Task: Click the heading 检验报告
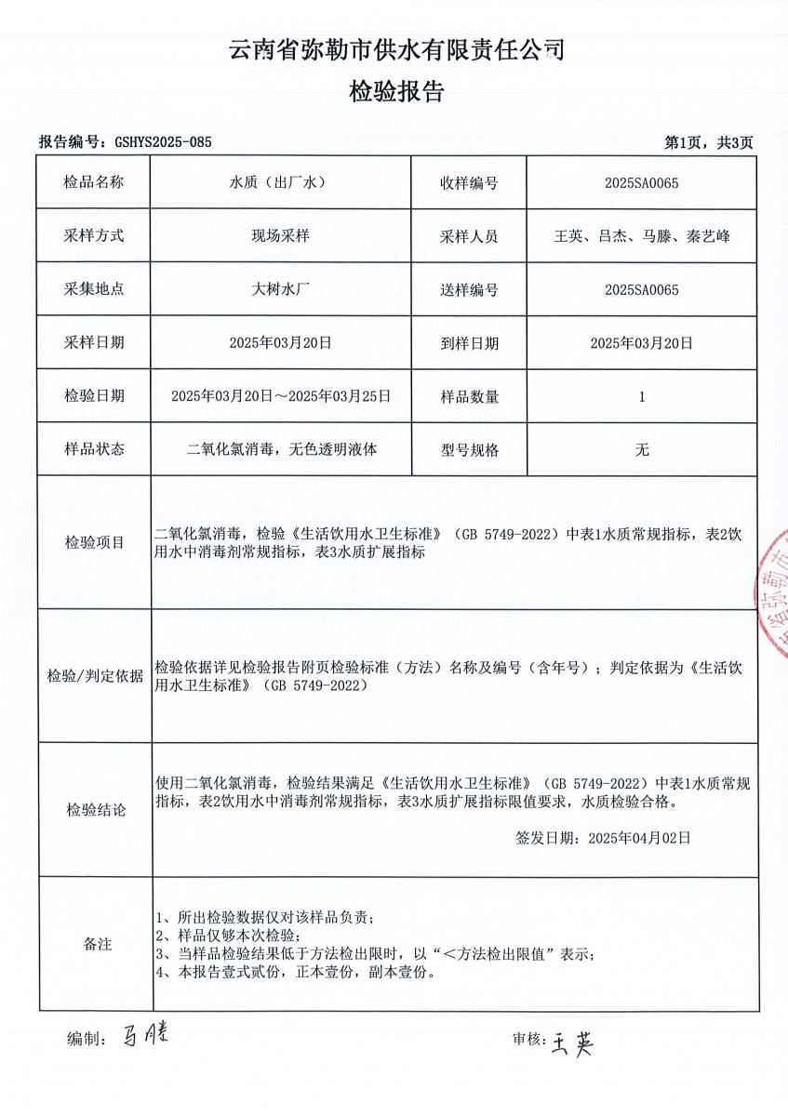coord(396,91)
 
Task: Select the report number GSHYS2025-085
coord(163,142)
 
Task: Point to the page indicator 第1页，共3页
coord(708,142)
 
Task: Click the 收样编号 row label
coord(469,182)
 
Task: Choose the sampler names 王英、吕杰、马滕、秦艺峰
coord(641,236)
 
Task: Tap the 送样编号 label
coord(469,289)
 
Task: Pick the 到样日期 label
coord(469,343)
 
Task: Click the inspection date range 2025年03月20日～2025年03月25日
coord(280,396)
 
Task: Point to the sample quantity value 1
coord(641,396)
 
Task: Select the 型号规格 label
coord(469,450)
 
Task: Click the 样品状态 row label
coord(94,450)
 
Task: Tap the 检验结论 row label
coord(94,809)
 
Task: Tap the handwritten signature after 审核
coord(571,1041)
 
